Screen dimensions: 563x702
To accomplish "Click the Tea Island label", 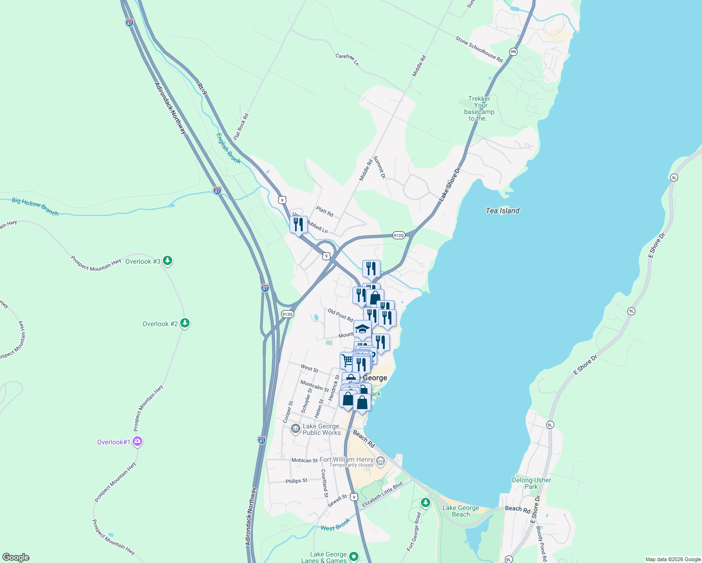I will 503,211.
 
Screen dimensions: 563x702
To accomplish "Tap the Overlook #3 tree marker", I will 168,261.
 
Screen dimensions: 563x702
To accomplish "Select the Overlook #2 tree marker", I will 185,323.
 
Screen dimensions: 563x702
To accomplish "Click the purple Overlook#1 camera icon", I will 137,441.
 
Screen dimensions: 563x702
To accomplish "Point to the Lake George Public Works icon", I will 295,428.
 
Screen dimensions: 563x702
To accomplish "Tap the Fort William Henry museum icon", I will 381,461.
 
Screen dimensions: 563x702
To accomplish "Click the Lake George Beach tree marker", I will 426,503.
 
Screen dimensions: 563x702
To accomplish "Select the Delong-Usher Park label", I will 531,483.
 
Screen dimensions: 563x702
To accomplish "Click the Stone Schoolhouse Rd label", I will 479,49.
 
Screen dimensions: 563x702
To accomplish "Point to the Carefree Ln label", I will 347,59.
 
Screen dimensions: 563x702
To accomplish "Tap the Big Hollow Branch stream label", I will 35,206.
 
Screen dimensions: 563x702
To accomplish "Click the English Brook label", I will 229,149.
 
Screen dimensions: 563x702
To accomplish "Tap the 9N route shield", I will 513,52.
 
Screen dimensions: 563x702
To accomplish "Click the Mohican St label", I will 304,460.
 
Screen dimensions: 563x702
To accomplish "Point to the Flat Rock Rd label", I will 241,126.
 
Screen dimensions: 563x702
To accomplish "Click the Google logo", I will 15,557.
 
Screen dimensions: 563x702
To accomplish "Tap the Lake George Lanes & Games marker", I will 354,556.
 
